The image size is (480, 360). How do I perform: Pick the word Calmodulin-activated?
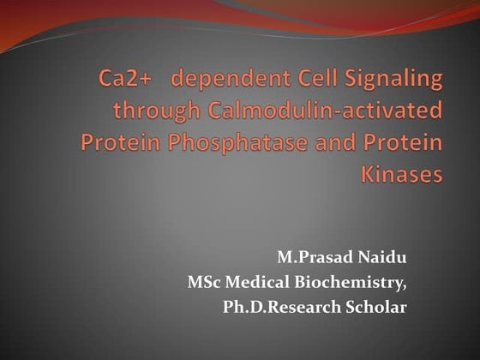(x=320, y=111)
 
